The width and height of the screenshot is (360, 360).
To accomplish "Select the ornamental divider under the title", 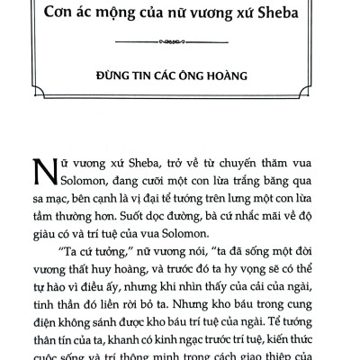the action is tap(179, 40).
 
